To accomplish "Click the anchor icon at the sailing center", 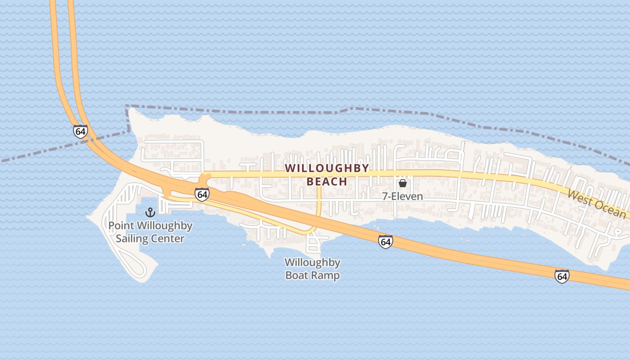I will pyautogui.click(x=150, y=212).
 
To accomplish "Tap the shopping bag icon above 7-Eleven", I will pyautogui.click(x=403, y=183).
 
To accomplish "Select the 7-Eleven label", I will pyautogui.click(x=403, y=197).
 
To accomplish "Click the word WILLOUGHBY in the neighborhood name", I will pyautogui.click(x=327, y=168).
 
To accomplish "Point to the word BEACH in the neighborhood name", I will pyautogui.click(x=327, y=182).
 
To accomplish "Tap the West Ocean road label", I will pyautogui.click(x=596, y=204).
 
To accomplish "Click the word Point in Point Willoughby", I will pyautogui.click(x=121, y=226).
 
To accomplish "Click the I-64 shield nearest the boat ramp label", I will pyautogui.click(x=385, y=242).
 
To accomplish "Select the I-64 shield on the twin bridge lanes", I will pyautogui.click(x=81, y=131).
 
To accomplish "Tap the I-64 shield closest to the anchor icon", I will pyautogui.click(x=202, y=194).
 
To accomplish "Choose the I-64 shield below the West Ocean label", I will pyautogui.click(x=562, y=276).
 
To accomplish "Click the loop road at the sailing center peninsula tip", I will pyautogui.click(x=137, y=269).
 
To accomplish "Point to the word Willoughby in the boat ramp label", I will pyautogui.click(x=312, y=262).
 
